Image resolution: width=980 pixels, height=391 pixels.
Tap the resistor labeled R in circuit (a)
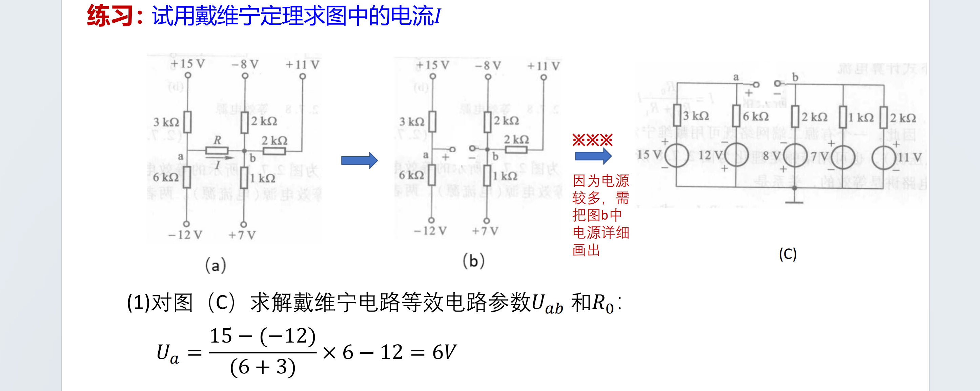pos(217,151)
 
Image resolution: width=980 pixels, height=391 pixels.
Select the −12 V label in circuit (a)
pos(185,235)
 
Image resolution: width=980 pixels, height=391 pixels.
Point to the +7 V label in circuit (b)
pos(485,231)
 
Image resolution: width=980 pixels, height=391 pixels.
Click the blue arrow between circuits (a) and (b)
pos(359,161)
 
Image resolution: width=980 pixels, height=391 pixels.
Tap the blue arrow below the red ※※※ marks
pos(593,156)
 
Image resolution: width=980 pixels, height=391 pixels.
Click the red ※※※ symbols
pos(592,140)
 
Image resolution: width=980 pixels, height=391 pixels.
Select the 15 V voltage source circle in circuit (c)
pos(676,156)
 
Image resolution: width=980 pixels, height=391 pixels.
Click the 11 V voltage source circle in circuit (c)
pos(883,157)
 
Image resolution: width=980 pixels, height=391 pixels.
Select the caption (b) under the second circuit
pos(473,261)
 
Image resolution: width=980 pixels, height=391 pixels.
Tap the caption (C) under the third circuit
pos(788,254)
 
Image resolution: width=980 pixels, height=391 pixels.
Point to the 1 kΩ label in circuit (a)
pos(262,178)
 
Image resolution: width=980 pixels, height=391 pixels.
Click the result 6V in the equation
pos(444,352)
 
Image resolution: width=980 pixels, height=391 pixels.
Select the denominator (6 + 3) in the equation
pos(263,367)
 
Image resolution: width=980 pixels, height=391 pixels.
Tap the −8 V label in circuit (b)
pos(488,66)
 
